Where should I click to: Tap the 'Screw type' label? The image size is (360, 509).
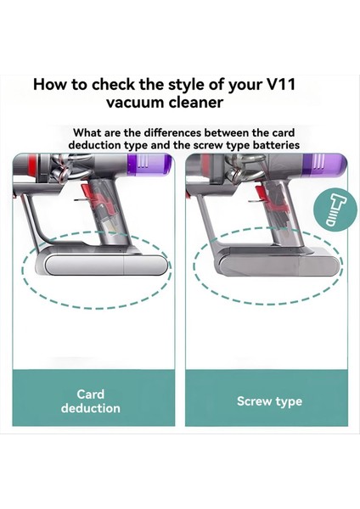point(269,400)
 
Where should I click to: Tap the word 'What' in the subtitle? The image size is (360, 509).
point(89,132)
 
